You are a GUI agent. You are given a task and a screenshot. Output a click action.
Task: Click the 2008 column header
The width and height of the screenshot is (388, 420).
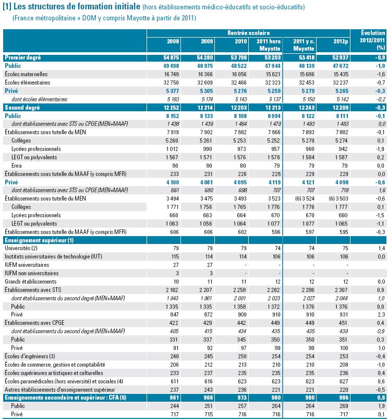(173, 41)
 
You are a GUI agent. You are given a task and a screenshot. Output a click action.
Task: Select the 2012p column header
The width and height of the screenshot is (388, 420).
(341, 41)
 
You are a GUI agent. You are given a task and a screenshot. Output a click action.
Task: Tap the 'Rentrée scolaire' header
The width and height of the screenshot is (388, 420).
(248, 33)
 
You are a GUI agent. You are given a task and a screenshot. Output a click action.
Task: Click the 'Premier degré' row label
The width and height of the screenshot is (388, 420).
(23, 57)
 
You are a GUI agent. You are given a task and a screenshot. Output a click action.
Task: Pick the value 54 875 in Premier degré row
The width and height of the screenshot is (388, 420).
(171, 57)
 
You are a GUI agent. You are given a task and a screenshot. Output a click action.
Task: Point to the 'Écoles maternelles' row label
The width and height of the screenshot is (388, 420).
(26, 74)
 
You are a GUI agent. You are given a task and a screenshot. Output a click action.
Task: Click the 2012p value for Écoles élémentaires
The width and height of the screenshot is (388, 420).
(341, 83)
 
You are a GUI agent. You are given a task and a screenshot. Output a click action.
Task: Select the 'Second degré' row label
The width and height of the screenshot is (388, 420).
(22, 108)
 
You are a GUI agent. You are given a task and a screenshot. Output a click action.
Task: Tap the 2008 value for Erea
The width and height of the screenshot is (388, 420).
(175, 166)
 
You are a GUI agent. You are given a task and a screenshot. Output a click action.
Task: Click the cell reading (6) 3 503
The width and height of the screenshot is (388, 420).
(338, 199)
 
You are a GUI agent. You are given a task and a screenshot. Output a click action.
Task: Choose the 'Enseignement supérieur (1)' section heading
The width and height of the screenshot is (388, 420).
(39, 240)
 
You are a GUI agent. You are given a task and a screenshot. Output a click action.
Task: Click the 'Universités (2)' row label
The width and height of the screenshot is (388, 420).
(21, 248)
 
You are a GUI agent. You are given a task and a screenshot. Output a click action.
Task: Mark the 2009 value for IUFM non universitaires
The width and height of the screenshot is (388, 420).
(211, 273)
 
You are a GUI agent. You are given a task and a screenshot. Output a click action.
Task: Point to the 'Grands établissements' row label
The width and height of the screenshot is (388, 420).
(30, 282)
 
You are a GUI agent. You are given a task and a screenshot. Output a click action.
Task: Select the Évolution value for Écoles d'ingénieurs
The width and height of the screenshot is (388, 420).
(380, 356)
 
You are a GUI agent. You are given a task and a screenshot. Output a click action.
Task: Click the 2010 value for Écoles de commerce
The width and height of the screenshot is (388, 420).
(242, 365)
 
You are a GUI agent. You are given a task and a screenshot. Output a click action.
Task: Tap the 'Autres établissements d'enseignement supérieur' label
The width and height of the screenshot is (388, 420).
(60, 390)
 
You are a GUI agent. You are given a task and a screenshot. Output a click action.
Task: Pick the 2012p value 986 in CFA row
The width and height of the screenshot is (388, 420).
(344, 398)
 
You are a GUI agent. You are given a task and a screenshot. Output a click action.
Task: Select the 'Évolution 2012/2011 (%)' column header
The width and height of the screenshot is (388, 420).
(372, 40)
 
